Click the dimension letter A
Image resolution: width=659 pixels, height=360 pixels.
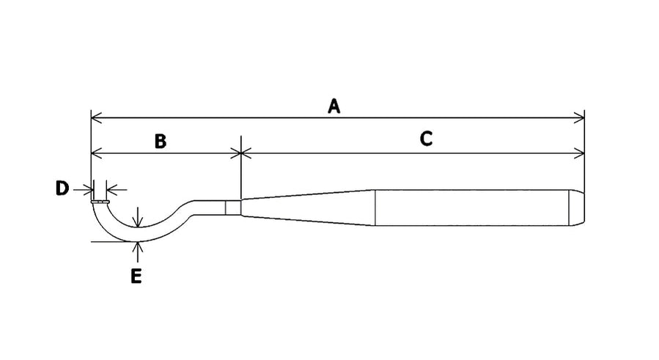point(334,106)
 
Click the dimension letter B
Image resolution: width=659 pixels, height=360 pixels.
point(160,142)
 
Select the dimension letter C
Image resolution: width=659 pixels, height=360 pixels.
point(426,139)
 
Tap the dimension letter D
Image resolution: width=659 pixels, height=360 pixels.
point(62,188)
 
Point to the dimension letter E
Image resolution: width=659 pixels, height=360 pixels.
point(136,276)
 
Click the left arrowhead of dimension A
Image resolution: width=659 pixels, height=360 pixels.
point(97,118)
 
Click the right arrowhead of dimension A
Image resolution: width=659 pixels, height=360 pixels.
point(578,118)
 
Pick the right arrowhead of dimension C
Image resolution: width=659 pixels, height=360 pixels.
point(578,153)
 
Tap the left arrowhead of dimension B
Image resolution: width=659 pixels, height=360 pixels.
point(97,153)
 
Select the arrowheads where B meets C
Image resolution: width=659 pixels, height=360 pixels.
point(241,153)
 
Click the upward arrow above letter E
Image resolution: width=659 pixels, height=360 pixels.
point(137,254)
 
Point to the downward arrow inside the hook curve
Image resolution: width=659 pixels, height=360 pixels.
point(137,217)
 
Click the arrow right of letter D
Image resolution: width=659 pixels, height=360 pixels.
point(117,190)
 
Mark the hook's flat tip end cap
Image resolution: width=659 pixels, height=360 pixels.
point(100,202)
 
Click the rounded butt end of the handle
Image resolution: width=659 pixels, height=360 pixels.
point(577,207)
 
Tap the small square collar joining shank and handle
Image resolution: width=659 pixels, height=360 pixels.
point(233,207)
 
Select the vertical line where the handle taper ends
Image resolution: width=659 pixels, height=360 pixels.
point(375,207)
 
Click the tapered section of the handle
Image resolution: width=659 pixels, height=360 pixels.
point(308,207)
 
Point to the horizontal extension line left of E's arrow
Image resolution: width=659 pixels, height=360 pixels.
point(112,242)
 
